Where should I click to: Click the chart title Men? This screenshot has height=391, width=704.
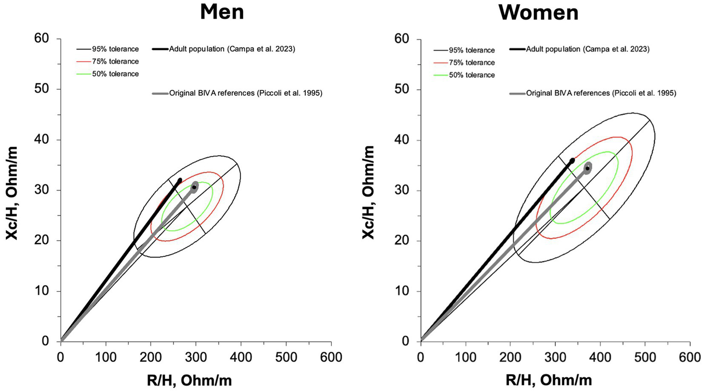[x=222, y=12]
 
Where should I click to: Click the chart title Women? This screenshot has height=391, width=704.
[x=538, y=12]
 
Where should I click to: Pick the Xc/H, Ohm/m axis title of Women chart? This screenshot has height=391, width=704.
[x=368, y=192]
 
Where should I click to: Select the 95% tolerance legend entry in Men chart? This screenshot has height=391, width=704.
[x=115, y=49]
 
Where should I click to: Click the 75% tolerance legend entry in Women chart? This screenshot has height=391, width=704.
[x=471, y=62]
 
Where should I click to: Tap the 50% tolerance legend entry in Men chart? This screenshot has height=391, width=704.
[x=115, y=74]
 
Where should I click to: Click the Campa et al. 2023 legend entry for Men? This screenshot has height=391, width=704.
[x=232, y=49]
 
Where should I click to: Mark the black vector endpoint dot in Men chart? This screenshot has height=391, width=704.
[x=180, y=180]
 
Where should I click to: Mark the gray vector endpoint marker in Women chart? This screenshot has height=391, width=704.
[x=588, y=168]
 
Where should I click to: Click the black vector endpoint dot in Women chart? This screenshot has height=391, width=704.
[x=572, y=161]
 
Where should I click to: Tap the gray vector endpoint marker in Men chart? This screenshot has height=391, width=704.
[x=194, y=187]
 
